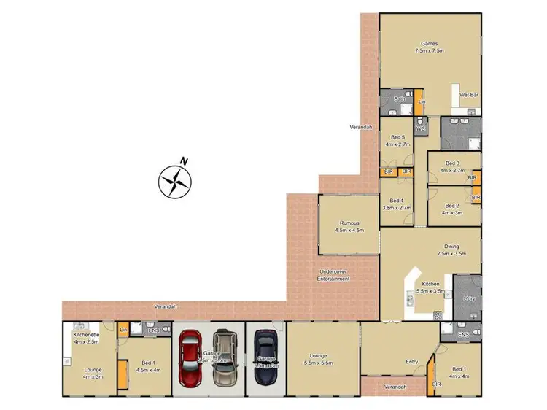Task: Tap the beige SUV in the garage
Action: click(225, 360)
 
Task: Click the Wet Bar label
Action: click(468, 95)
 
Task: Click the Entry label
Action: click(411, 361)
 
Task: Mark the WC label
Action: click(420, 129)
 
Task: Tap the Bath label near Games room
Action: click(399, 98)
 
